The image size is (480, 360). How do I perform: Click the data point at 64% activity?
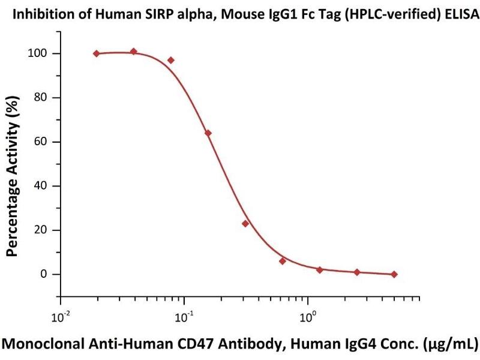pos(208,133)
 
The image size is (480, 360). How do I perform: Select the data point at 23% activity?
pos(245,223)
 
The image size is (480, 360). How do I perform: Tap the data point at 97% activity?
pos(171,60)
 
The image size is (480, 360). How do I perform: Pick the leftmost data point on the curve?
pos(97,53)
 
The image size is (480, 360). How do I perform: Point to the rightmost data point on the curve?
pos(394,274)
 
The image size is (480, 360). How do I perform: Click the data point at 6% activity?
pos(283,261)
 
